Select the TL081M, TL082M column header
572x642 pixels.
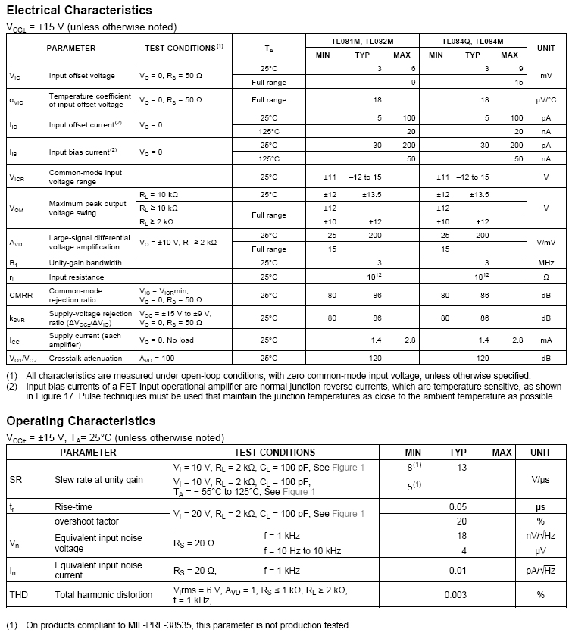(x=360, y=41)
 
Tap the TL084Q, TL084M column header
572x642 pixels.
(x=473, y=41)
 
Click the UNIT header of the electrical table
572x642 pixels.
(x=545, y=48)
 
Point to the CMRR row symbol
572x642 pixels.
(x=20, y=295)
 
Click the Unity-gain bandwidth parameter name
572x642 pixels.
(x=85, y=262)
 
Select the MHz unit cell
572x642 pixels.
(x=545, y=262)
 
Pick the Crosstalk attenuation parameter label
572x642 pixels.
(x=86, y=358)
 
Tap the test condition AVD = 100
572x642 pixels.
(x=158, y=358)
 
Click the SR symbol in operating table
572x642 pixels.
(x=16, y=480)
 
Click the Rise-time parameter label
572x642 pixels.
(x=73, y=506)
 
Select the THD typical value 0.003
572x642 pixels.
(x=455, y=595)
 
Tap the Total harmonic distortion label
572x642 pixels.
(x=104, y=595)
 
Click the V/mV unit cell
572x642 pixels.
(x=545, y=242)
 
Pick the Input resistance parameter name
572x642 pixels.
(x=77, y=277)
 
